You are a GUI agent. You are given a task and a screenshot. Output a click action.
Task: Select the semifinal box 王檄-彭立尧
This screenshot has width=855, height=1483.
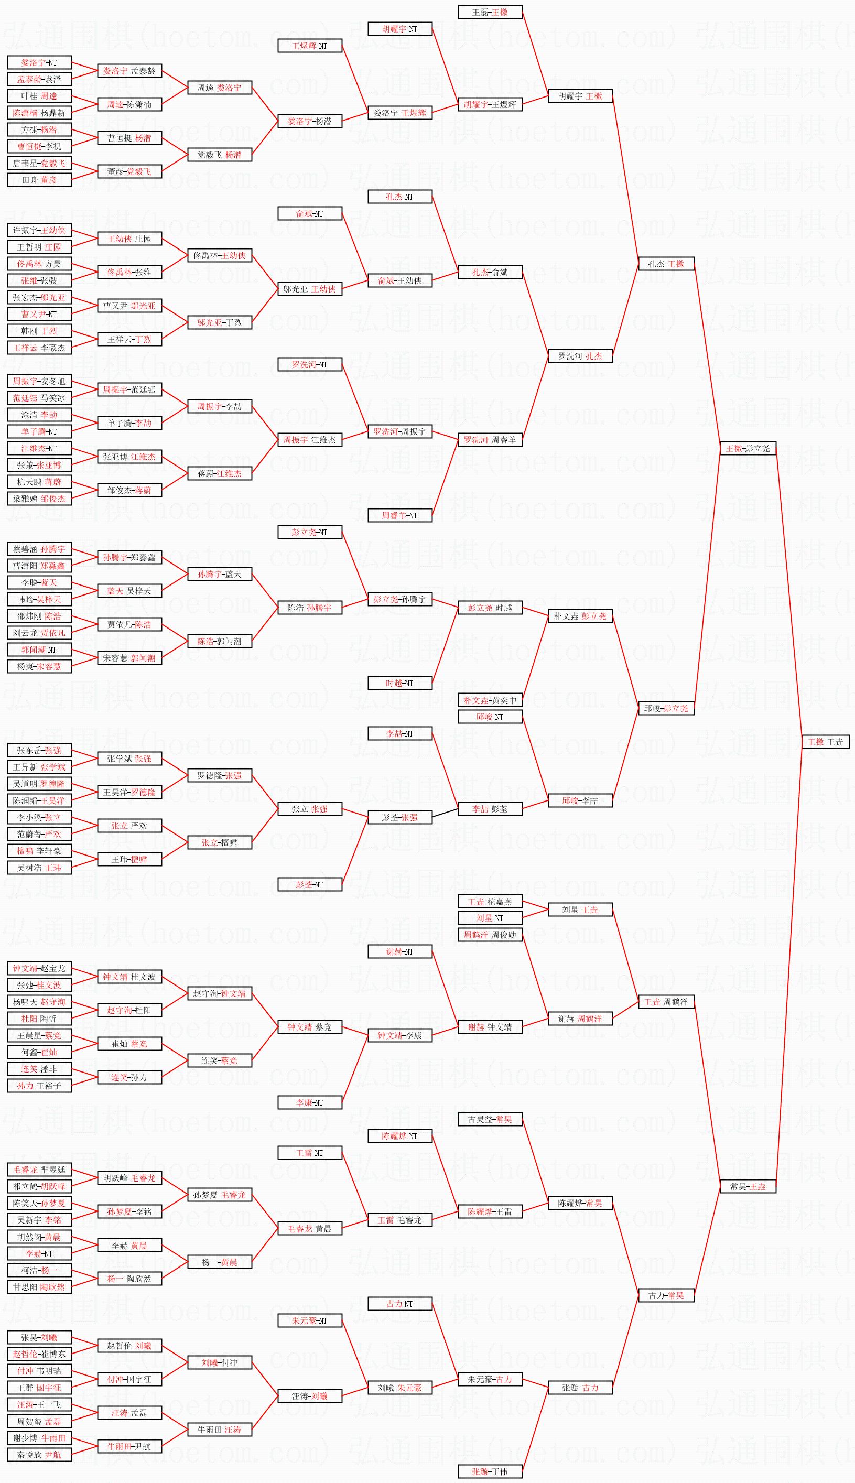748,448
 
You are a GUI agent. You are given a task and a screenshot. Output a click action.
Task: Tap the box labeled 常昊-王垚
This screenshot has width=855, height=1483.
748,1186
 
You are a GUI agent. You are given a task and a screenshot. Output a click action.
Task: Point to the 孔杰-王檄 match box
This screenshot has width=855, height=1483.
666,264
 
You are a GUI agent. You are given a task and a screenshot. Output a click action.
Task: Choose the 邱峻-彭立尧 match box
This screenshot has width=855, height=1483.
666,708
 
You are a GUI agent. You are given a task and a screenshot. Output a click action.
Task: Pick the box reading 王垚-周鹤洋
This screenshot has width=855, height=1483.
666,1002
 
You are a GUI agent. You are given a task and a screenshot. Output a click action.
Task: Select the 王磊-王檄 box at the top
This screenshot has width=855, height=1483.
490,12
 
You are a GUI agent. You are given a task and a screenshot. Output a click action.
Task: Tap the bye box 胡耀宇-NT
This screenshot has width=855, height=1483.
400,29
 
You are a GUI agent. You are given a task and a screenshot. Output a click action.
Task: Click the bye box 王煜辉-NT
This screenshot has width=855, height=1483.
309,45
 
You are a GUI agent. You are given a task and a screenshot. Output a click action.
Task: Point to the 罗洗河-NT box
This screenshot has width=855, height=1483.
309,364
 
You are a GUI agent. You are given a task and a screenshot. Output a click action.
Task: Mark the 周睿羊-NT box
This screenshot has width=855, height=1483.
400,515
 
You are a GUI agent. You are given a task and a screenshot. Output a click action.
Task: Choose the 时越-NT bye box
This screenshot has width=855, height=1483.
400,683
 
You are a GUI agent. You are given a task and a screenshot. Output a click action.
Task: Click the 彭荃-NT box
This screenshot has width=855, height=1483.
309,884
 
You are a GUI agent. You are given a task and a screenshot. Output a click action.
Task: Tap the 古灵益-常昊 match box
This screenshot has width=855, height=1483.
490,1119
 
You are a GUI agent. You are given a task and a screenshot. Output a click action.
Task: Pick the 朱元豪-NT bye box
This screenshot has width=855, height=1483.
309,1320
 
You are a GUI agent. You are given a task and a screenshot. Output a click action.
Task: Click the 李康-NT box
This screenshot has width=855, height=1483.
309,1102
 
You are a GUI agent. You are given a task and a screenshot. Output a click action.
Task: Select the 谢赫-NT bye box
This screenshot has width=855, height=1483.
400,951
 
